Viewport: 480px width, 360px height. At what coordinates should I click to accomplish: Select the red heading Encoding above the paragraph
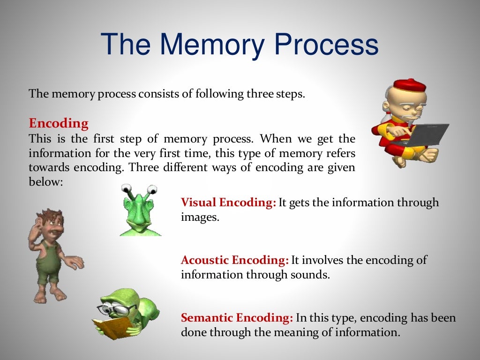point(59,123)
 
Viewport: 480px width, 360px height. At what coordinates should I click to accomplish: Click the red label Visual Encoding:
point(228,202)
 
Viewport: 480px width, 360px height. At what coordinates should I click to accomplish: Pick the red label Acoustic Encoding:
point(234,260)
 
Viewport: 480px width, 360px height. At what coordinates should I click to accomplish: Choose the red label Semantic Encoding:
point(237,318)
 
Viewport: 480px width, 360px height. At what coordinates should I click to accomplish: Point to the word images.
point(200,217)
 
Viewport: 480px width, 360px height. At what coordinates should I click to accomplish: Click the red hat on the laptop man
point(409,86)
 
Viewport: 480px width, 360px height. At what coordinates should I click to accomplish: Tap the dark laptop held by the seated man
point(429,134)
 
